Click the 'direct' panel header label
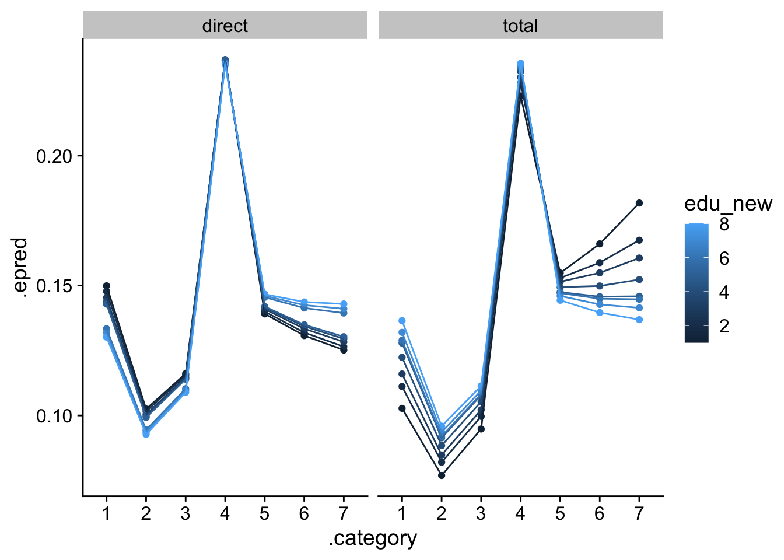click(225, 26)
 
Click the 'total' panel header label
click(520, 26)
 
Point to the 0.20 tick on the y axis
click(55, 156)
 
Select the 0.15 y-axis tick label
click(55, 286)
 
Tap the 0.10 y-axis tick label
click(55, 415)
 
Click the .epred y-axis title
click(21, 267)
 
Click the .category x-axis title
click(373, 538)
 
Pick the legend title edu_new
click(728, 204)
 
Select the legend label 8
click(724, 225)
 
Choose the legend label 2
click(724, 325)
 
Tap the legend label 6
click(724, 258)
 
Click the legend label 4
click(724, 292)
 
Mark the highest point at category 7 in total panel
click(639, 203)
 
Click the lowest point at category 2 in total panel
click(442, 475)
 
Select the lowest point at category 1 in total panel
click(402, 408)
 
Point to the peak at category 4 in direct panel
click(225, 60)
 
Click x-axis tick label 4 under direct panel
click(225, 513)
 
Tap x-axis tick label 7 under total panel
click(639, 513)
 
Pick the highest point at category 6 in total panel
click(600, 244)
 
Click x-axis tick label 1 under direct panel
click(106, 513)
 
